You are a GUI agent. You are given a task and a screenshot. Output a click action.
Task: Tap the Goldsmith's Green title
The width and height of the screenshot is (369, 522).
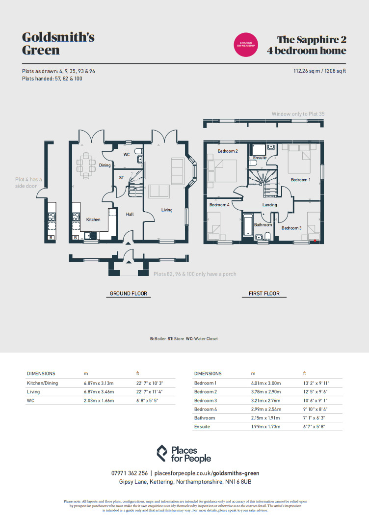[x=58, y=44]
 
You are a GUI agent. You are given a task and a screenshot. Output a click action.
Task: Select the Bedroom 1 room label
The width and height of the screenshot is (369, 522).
[x=300, y=180]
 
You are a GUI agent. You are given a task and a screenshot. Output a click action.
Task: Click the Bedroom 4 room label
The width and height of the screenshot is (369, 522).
[x=219, y=205]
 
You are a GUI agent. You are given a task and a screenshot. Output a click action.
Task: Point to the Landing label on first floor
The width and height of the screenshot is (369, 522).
[x=269, y=205]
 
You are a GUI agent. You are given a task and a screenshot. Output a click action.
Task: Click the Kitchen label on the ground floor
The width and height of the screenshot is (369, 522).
[x=93, y=220]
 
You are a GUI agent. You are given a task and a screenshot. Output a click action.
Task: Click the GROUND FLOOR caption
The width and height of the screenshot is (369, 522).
[x=128, y=294]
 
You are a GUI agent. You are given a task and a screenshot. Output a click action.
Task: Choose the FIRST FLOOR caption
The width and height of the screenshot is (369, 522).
[x=264, y=294]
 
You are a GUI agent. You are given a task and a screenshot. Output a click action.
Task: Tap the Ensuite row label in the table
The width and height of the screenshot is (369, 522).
[x=202, y=427]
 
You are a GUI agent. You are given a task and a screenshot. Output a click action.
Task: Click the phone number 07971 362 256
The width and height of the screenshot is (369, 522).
[x=130, y=473]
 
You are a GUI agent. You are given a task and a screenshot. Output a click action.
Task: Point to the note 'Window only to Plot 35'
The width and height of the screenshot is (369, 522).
[x=298, y=114]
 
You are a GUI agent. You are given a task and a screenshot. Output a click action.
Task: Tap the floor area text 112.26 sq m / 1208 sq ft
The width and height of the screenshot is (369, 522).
[x=319, y=71]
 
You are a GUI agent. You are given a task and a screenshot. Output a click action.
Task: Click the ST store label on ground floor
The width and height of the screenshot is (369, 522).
[x=121, y=178]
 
